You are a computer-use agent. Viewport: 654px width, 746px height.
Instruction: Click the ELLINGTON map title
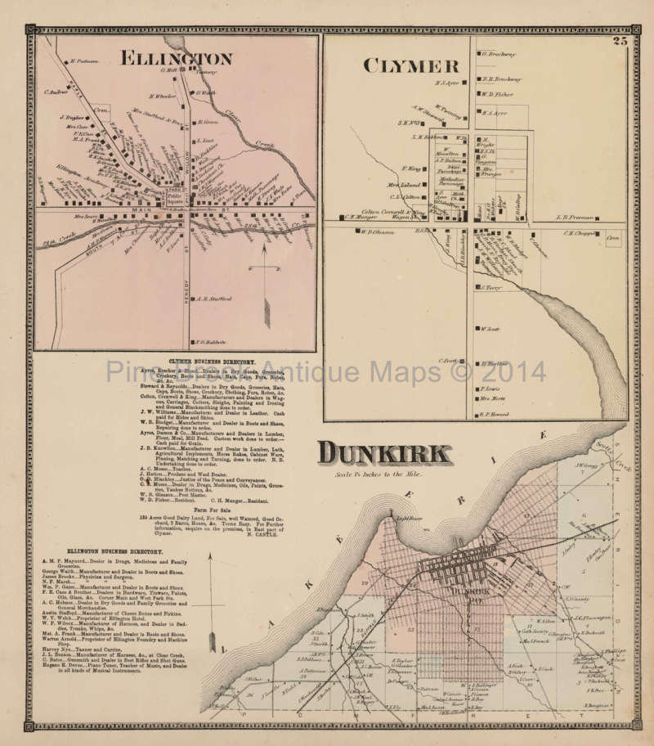pyautogui.click(x=176, y=58)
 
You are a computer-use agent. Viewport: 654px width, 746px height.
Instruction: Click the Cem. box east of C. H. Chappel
pyautogui.click(x=613, y=236)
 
